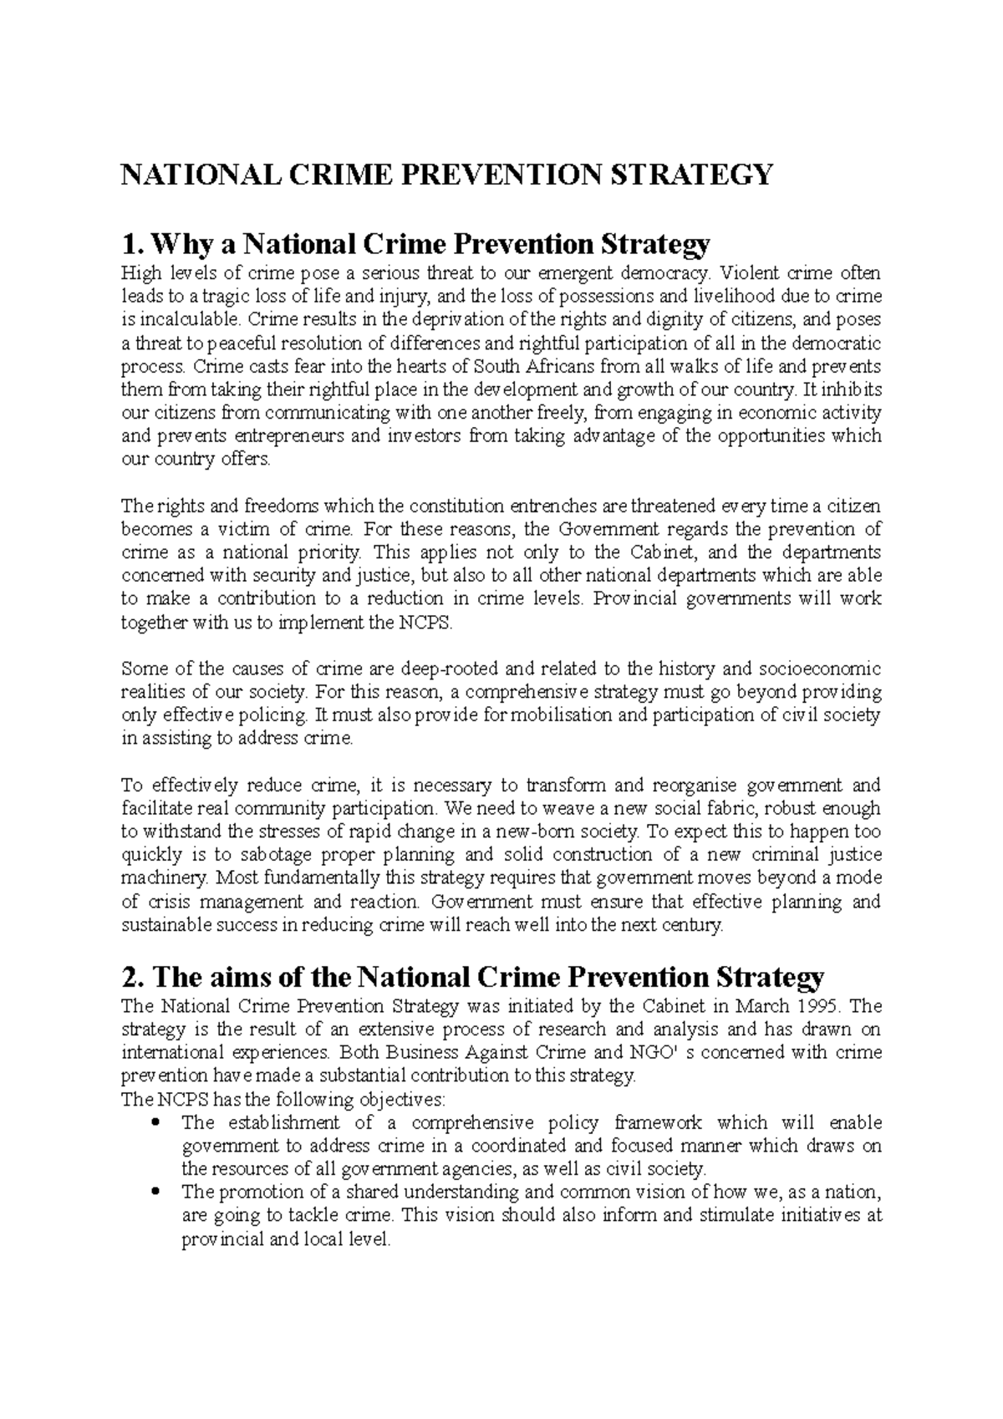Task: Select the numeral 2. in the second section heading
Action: [131, 977]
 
